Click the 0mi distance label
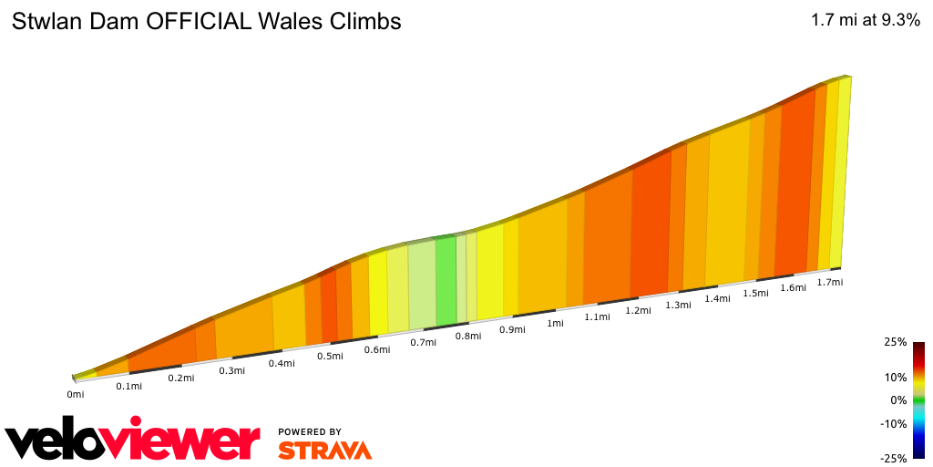(76, 394)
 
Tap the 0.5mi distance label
(330, 356)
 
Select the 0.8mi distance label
(467, 336)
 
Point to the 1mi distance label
(554, 323)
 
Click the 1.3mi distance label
(678, 305)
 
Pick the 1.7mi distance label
(829, 282)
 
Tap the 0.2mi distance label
(180, 378)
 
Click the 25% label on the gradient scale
(896, 342)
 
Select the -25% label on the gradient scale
(894, 458)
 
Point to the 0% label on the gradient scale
(898, 400)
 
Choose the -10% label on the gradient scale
(894, 423)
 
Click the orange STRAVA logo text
(324, 450)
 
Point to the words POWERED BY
(310, 431)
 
